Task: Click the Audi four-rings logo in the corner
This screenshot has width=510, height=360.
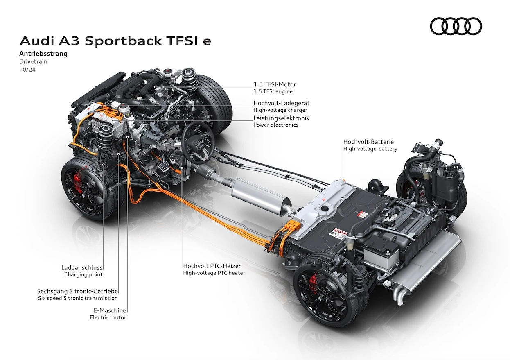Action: point(456,26)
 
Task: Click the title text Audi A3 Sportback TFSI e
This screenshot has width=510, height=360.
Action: point(115,41)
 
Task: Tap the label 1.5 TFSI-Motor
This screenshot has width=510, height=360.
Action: point(275,84)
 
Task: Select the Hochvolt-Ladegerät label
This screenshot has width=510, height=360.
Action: point(282,103)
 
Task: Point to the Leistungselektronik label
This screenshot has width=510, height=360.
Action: point(282,118)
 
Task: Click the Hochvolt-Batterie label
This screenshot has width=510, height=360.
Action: point(368,142)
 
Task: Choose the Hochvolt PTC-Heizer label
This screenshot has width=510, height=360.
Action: point(212,266)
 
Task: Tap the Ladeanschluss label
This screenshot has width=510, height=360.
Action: point(82,267)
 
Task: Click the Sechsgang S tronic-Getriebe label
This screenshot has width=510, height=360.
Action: point(77,291)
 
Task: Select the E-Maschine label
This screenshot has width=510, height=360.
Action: point(110,310)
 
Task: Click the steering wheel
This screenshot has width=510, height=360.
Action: point(198,143)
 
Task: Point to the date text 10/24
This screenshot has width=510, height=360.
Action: point(27,70)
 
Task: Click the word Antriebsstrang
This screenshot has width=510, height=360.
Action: point(43,54)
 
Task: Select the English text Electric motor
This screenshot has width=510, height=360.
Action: point(108,317)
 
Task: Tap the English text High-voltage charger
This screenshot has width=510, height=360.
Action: point(280,110)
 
